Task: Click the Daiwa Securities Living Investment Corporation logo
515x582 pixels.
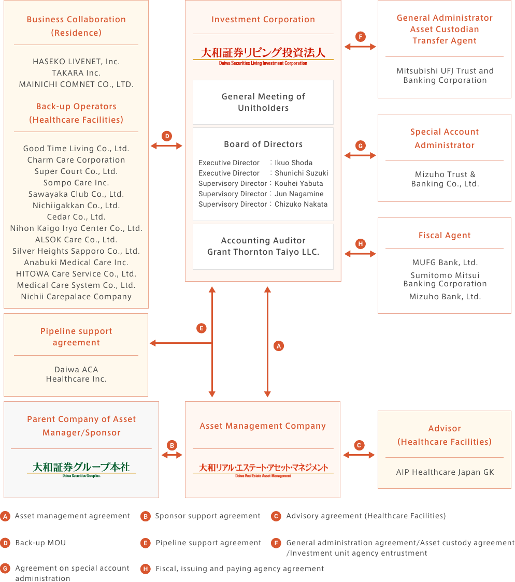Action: [263, 56]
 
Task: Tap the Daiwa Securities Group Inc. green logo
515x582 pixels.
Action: [81, 469]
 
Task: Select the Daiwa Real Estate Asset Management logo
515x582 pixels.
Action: [263, 470]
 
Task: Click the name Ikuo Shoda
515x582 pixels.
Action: [293, 163]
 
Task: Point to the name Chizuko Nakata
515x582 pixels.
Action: [301, 204]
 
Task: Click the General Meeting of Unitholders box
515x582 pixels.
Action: [263, 102]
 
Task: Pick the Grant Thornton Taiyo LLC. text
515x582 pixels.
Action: [263, 252]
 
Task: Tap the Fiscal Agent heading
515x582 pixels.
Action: [445, 235]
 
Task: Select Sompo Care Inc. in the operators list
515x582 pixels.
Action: [76, 183]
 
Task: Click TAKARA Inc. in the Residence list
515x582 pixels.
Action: [76, 72]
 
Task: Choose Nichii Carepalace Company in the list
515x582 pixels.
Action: [76, 297]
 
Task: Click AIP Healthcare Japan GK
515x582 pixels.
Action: [445, 472]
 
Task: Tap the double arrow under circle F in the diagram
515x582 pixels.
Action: [360, 47]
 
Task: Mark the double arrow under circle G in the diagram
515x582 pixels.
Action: [360, 155]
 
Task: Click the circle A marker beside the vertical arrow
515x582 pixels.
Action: [278, 346]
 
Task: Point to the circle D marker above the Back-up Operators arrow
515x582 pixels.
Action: [167, 136]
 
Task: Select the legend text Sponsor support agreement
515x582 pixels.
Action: [208, 516]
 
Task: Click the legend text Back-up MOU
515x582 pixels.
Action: [40, 543]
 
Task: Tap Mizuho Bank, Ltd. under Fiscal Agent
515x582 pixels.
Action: [445, 297]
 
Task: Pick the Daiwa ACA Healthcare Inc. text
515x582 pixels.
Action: [76, 374]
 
